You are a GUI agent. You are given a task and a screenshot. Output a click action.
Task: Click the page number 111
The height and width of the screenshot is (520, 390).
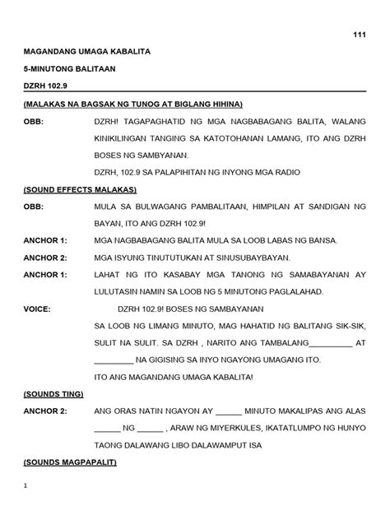tap(359, 34)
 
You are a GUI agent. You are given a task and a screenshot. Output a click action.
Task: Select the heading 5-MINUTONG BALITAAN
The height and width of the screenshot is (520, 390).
tap(70, 69)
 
